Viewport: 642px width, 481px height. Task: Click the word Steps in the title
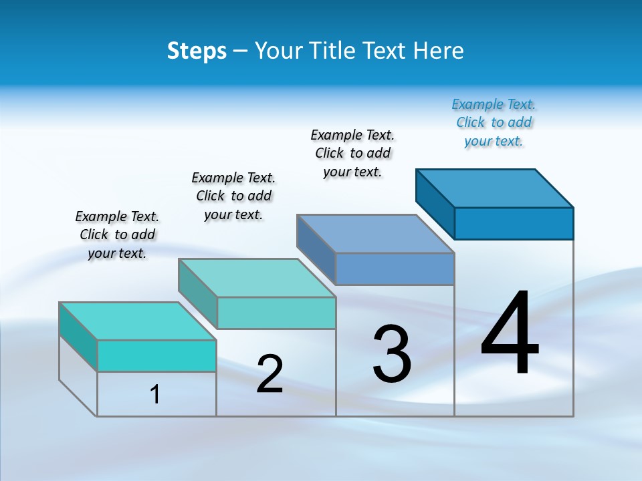pos(197,51)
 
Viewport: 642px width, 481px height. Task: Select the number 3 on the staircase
pos(392,354)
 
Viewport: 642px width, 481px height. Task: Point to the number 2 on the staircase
pos(270,374)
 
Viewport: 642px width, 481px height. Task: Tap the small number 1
pos(155,394)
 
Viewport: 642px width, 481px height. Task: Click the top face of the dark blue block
pos(495,188)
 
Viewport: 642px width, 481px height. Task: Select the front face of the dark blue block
pos(514,223)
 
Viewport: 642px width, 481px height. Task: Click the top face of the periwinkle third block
pos(376,233)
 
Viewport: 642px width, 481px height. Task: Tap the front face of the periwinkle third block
pos(395,269)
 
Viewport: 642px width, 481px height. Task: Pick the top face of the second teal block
pos(257,277)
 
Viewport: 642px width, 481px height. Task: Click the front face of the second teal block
pos(276,313)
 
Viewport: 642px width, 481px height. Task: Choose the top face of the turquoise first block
pos(138,321)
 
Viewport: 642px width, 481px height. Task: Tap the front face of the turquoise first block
pos(156,355)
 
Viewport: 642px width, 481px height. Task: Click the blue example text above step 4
pos(494,122)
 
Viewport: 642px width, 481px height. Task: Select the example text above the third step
pos(352,153)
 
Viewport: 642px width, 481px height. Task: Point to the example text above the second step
pos(233,196)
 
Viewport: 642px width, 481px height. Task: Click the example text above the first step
pos(117,234)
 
